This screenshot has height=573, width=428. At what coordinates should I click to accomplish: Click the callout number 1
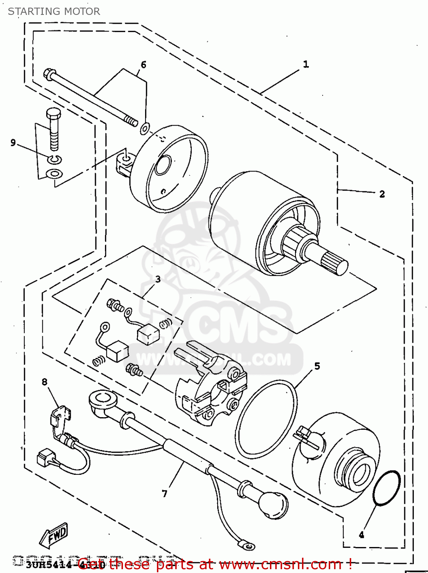click(306, 65)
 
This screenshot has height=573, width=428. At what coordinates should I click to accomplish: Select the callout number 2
click(382, 194)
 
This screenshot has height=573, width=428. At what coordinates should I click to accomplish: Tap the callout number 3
click(158, 280)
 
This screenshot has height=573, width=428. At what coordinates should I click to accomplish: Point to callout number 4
click(361, 535)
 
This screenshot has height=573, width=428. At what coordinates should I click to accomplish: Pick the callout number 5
click(317, 366)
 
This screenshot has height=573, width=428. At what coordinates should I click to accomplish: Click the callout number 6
click(144, 65)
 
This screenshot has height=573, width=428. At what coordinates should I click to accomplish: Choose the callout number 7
click(165, 494)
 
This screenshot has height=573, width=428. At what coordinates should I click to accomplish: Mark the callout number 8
click(45, 382)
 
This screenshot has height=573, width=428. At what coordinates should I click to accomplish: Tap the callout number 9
click(13, 143)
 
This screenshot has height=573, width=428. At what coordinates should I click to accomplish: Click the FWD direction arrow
click(54, 534)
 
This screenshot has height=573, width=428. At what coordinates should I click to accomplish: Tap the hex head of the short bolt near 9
click(53, 113)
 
